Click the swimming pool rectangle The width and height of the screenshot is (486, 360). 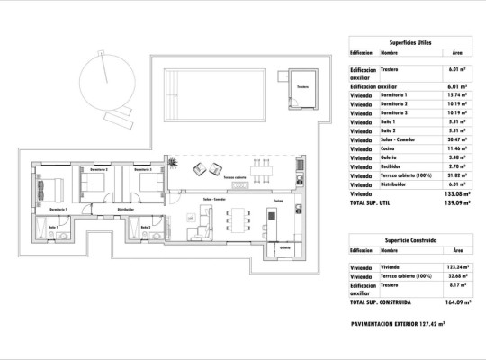pos(219,95)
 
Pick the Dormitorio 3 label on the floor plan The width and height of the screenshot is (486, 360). pos(141,168)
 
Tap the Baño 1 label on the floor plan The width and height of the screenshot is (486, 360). pos(54,227)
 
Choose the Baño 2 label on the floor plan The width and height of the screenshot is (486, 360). pos(146,227)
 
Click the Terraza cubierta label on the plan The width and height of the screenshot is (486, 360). pos(236,177)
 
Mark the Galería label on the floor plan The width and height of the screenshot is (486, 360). pos(285,247)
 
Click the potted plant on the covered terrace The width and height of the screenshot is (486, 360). pos(176,165)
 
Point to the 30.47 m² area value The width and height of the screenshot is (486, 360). pos(457,139)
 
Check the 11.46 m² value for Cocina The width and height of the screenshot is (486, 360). pos(457,148)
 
